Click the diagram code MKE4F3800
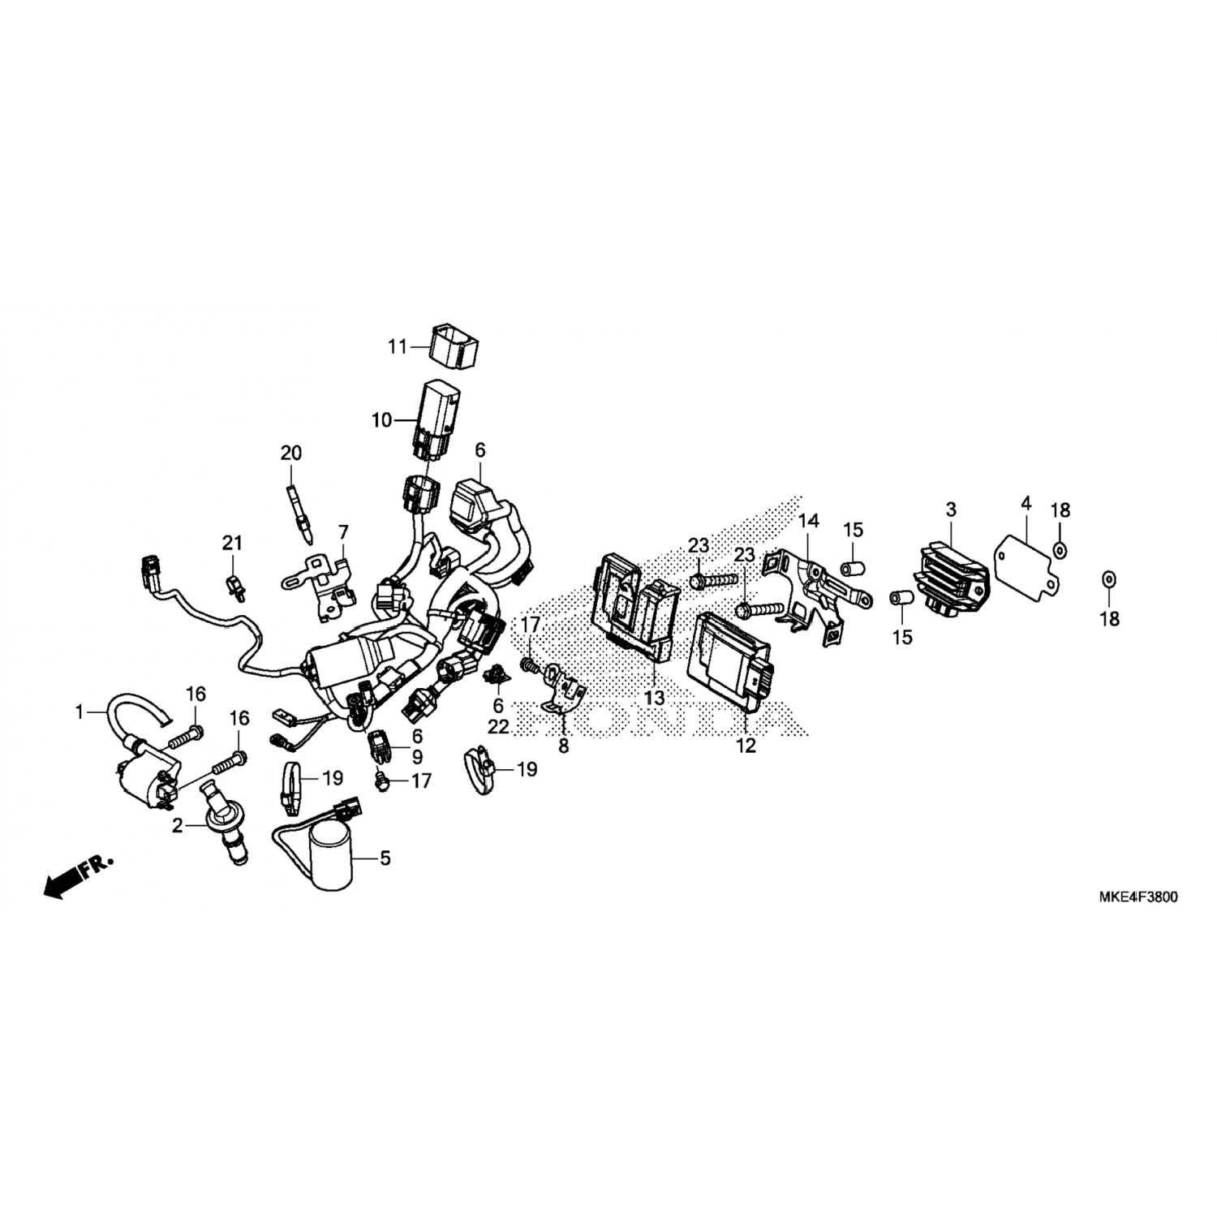[1138, 898]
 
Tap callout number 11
[397, 347]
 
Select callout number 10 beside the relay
[381, 420]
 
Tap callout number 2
[178, 826]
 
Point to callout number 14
[809, 520]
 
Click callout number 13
[654, 698]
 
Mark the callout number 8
[563, 746]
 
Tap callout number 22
[498, 727]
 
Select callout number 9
[417, 757]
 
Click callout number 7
[343, 532]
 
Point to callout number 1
[80, 712]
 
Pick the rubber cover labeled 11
[453, 349]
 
